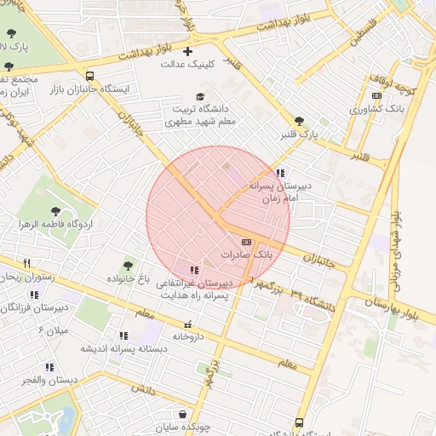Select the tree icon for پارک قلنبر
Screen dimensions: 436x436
click(298, 122)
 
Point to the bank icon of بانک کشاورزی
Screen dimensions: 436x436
click(377, 96)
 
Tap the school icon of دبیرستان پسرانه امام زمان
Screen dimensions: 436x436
click(280, 173)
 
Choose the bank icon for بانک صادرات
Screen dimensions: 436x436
click(247, 242)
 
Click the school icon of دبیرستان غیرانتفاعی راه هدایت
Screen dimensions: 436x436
click(195, 270)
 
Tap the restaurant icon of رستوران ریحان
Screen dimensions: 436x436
click(26, 263)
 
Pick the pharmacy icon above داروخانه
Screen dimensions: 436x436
click(188, 324)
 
